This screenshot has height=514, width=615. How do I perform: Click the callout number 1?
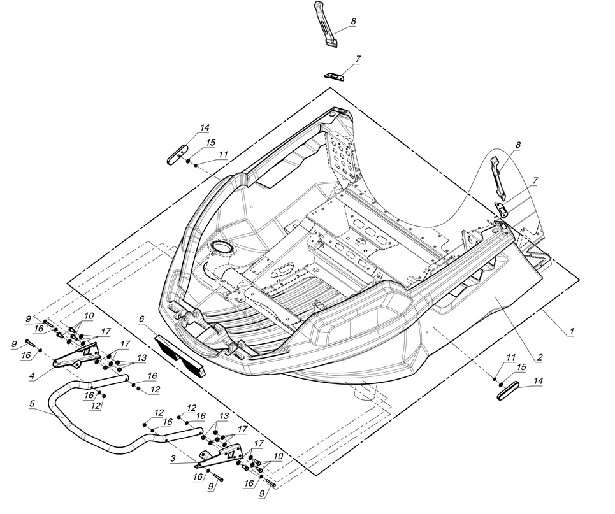pyautogui.click(x=572, y=332)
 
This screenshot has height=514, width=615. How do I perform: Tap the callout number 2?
pyautogui.click(x=539, y=357)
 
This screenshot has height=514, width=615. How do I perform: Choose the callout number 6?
pyautogui.click(x=141, y=318)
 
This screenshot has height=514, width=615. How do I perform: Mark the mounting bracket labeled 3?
pyautogui.click(x=220, y=453)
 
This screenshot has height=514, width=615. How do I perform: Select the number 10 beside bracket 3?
pyautogui.click(x=278, y=456)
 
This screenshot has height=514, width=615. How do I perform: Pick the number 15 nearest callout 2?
pyautogui.click(x=521, y=368)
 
